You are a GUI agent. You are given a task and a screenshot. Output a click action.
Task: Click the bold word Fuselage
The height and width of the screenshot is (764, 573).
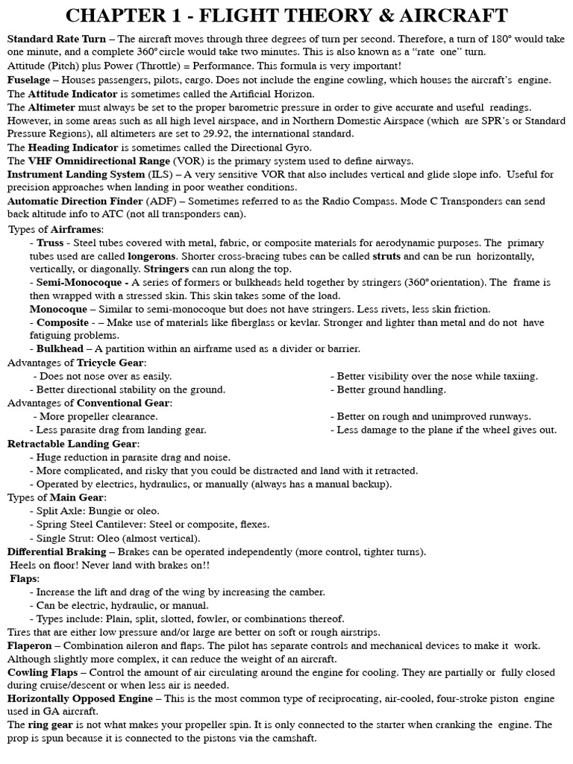28,78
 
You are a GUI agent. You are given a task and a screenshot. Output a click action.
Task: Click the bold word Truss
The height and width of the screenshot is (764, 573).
51,243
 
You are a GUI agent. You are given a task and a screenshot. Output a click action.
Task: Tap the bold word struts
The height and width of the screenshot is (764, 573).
386,256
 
